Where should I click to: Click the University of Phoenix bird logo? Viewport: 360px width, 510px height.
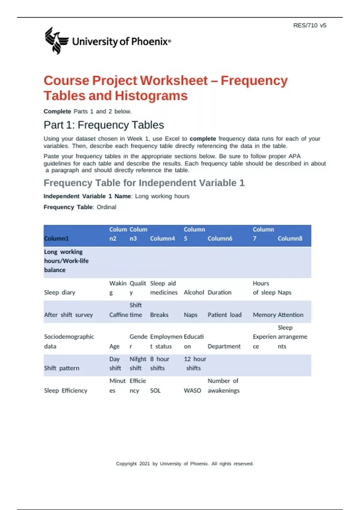(56, 40)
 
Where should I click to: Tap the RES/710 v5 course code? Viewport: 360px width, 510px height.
(310, 25)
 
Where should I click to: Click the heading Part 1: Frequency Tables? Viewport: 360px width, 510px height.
(104, 125)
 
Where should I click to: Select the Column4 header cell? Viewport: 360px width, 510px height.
(162, 238)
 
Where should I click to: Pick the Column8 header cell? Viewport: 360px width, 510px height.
(290, 238)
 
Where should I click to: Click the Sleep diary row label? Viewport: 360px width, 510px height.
(60, 292)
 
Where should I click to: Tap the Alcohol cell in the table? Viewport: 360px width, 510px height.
(194, 292)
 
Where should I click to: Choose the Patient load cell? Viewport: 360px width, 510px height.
(224, 315)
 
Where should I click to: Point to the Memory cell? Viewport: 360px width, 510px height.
(264, 315)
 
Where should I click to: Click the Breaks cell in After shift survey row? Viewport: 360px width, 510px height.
(159, 315)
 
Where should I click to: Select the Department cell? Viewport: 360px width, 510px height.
(224, 346)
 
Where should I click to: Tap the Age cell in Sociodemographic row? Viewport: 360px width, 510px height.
(114, 346)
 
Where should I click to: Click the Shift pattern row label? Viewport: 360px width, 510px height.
(61, 368)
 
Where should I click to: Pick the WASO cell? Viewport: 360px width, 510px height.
(192, 391)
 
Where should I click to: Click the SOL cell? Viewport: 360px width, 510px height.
(155, 391)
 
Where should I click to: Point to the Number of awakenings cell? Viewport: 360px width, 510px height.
(223, 386)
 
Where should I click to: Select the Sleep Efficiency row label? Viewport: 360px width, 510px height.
(66, 391)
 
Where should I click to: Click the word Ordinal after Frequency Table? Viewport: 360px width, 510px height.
(106, 207)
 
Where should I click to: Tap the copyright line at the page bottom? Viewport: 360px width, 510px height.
(185, 464)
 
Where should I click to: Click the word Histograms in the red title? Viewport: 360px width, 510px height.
(151, 96)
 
